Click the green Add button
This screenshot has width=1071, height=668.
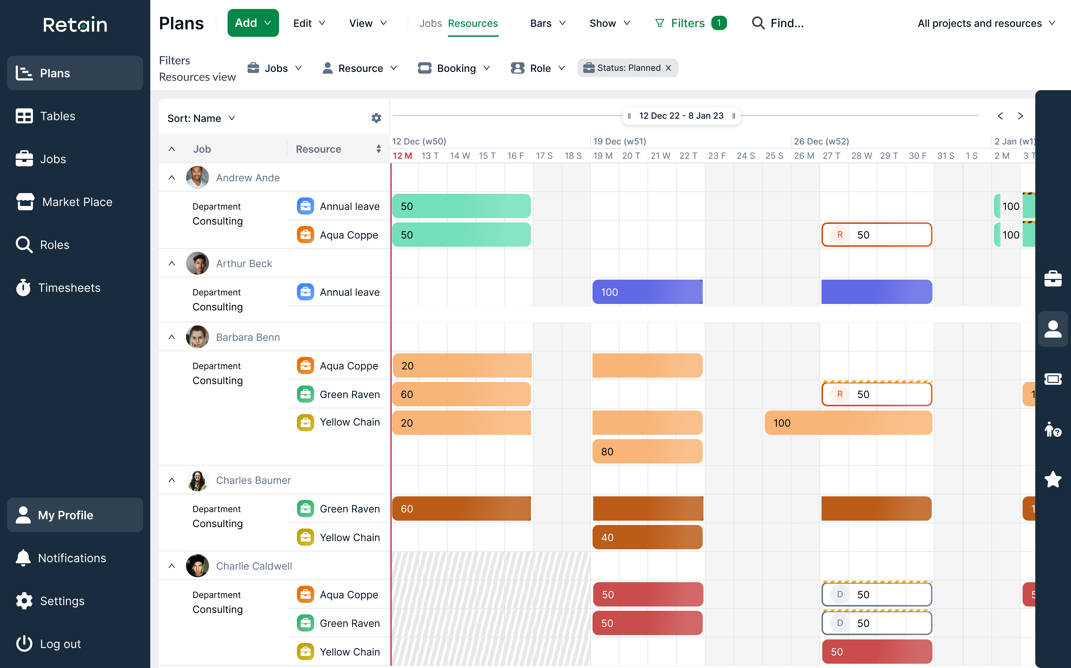[x=253, y=23]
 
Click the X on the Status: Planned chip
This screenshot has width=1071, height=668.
[x=668, y=68]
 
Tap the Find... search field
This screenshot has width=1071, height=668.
[x=786, y=23]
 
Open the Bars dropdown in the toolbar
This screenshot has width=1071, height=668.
[x=547, y=23]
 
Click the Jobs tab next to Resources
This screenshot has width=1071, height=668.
[x=430, y=23]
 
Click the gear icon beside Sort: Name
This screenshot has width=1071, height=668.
[x=376, y=118]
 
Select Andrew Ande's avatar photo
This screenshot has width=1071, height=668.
[x=197, y=178]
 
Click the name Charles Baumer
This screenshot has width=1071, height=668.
[x=253, y=480]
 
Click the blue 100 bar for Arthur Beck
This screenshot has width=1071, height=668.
[x=647, y=292]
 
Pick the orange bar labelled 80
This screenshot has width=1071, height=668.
[x=647, y=452]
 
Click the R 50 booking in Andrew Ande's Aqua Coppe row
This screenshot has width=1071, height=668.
[x=877, y=235]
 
